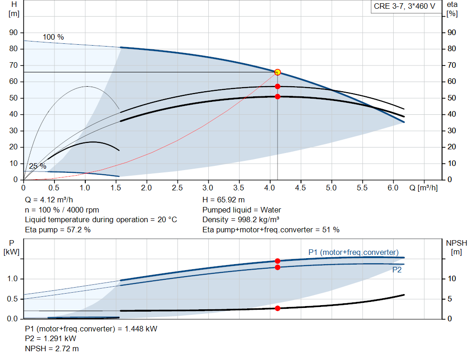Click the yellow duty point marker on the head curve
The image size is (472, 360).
[x=277, y=72]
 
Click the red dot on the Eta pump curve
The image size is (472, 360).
[x=277, y=86]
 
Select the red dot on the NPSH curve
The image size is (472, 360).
[x=277, y=308]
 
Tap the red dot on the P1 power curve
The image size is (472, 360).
[x=277, y=261]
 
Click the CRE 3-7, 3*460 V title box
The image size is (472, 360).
[x=404, y=7]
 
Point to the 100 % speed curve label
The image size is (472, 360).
[x=53, y=37]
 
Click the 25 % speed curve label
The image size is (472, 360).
[x=37, y=166]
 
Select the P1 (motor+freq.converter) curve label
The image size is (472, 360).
[x=353, y=252]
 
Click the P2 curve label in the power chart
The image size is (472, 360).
[x=396, y=270]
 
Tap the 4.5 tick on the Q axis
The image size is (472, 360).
[x=301, y=188]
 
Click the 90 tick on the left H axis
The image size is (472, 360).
[x=13, y=33]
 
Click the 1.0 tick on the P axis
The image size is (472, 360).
[x=12, y=279]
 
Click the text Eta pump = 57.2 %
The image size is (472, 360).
[x=58, y=230]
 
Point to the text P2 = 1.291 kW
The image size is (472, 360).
[x=50, y=338]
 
